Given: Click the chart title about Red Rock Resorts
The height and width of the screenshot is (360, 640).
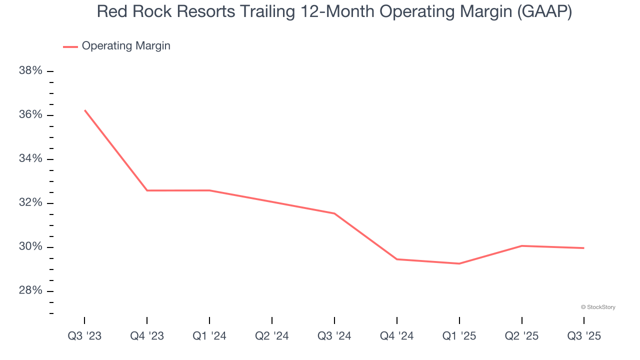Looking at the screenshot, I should pyautogui.click(x=334, y=12).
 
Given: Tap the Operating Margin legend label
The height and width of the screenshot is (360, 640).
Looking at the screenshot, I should pyautogui.click(x=126, y=46).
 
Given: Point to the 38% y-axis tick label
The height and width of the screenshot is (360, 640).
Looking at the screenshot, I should pyautogui.click(x=30, y=71).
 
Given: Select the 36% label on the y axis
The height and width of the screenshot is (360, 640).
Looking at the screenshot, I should pyautogui.click(x=30, y=115).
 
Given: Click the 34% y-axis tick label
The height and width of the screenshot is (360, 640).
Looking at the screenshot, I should pyautogui.click(x=30, y=159).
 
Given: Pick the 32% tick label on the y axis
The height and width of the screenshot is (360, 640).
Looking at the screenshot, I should pyautogui.click(x=30, y=203).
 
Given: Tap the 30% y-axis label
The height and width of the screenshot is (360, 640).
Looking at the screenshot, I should pyautogui.click(x=30, y=247).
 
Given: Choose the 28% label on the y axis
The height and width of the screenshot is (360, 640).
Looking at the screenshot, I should pyautogui.click(x=30, y=291).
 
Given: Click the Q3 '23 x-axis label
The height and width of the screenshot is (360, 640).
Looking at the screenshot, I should pyautogui.click(x=84, y=336).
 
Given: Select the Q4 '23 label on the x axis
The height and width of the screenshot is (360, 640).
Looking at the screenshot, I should pyautogui.click(x=147, y=336).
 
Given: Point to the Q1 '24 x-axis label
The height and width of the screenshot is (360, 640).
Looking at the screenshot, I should pyautogui.click(x=209, y=336).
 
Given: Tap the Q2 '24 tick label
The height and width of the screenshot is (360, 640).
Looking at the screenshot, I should pyautogui.click(x=272, y=336).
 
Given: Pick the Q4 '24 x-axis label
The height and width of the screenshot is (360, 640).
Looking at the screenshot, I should pyautogui.click(x=397, y=336).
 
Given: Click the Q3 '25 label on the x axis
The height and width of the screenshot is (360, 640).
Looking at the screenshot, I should pyautogui.click(x=584, y=336).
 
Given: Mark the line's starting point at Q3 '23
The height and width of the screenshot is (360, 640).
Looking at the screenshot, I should pyautogui.click(x=84, y=110).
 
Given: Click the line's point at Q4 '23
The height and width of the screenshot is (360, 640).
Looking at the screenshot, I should pyautogui.click(x=147, y=190).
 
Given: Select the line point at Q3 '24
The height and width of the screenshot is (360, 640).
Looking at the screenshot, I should pyautogui.click(x=334, y=213).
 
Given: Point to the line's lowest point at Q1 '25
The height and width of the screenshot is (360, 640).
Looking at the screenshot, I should pyautogui.click(x=459, y=263).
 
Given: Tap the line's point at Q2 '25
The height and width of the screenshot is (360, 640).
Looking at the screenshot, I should pyautogui.click(x=521, y=245).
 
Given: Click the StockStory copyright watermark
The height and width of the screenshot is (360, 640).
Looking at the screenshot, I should pyautogui.click(x=598, y=307).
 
